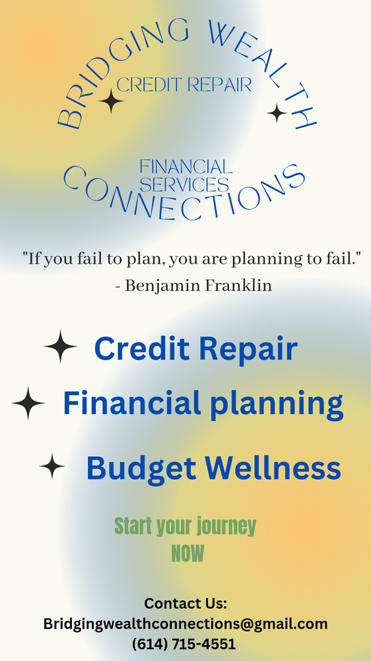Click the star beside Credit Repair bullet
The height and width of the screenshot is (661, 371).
tap(60, 346)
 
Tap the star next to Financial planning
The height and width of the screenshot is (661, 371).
tap(28, 403)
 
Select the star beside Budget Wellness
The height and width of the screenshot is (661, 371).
tap(52, 466)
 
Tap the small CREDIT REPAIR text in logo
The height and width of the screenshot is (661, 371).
tap(184, 85)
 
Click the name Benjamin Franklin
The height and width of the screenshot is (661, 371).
tap(199, 286)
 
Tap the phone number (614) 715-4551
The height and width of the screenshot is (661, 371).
tap(184, 643)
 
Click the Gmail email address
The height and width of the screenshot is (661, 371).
tap(185, 623)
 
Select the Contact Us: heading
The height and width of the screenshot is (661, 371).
tap(185, 603)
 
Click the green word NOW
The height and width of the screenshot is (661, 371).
tap(187, 553)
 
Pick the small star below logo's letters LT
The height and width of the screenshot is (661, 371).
tap(277, 114)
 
